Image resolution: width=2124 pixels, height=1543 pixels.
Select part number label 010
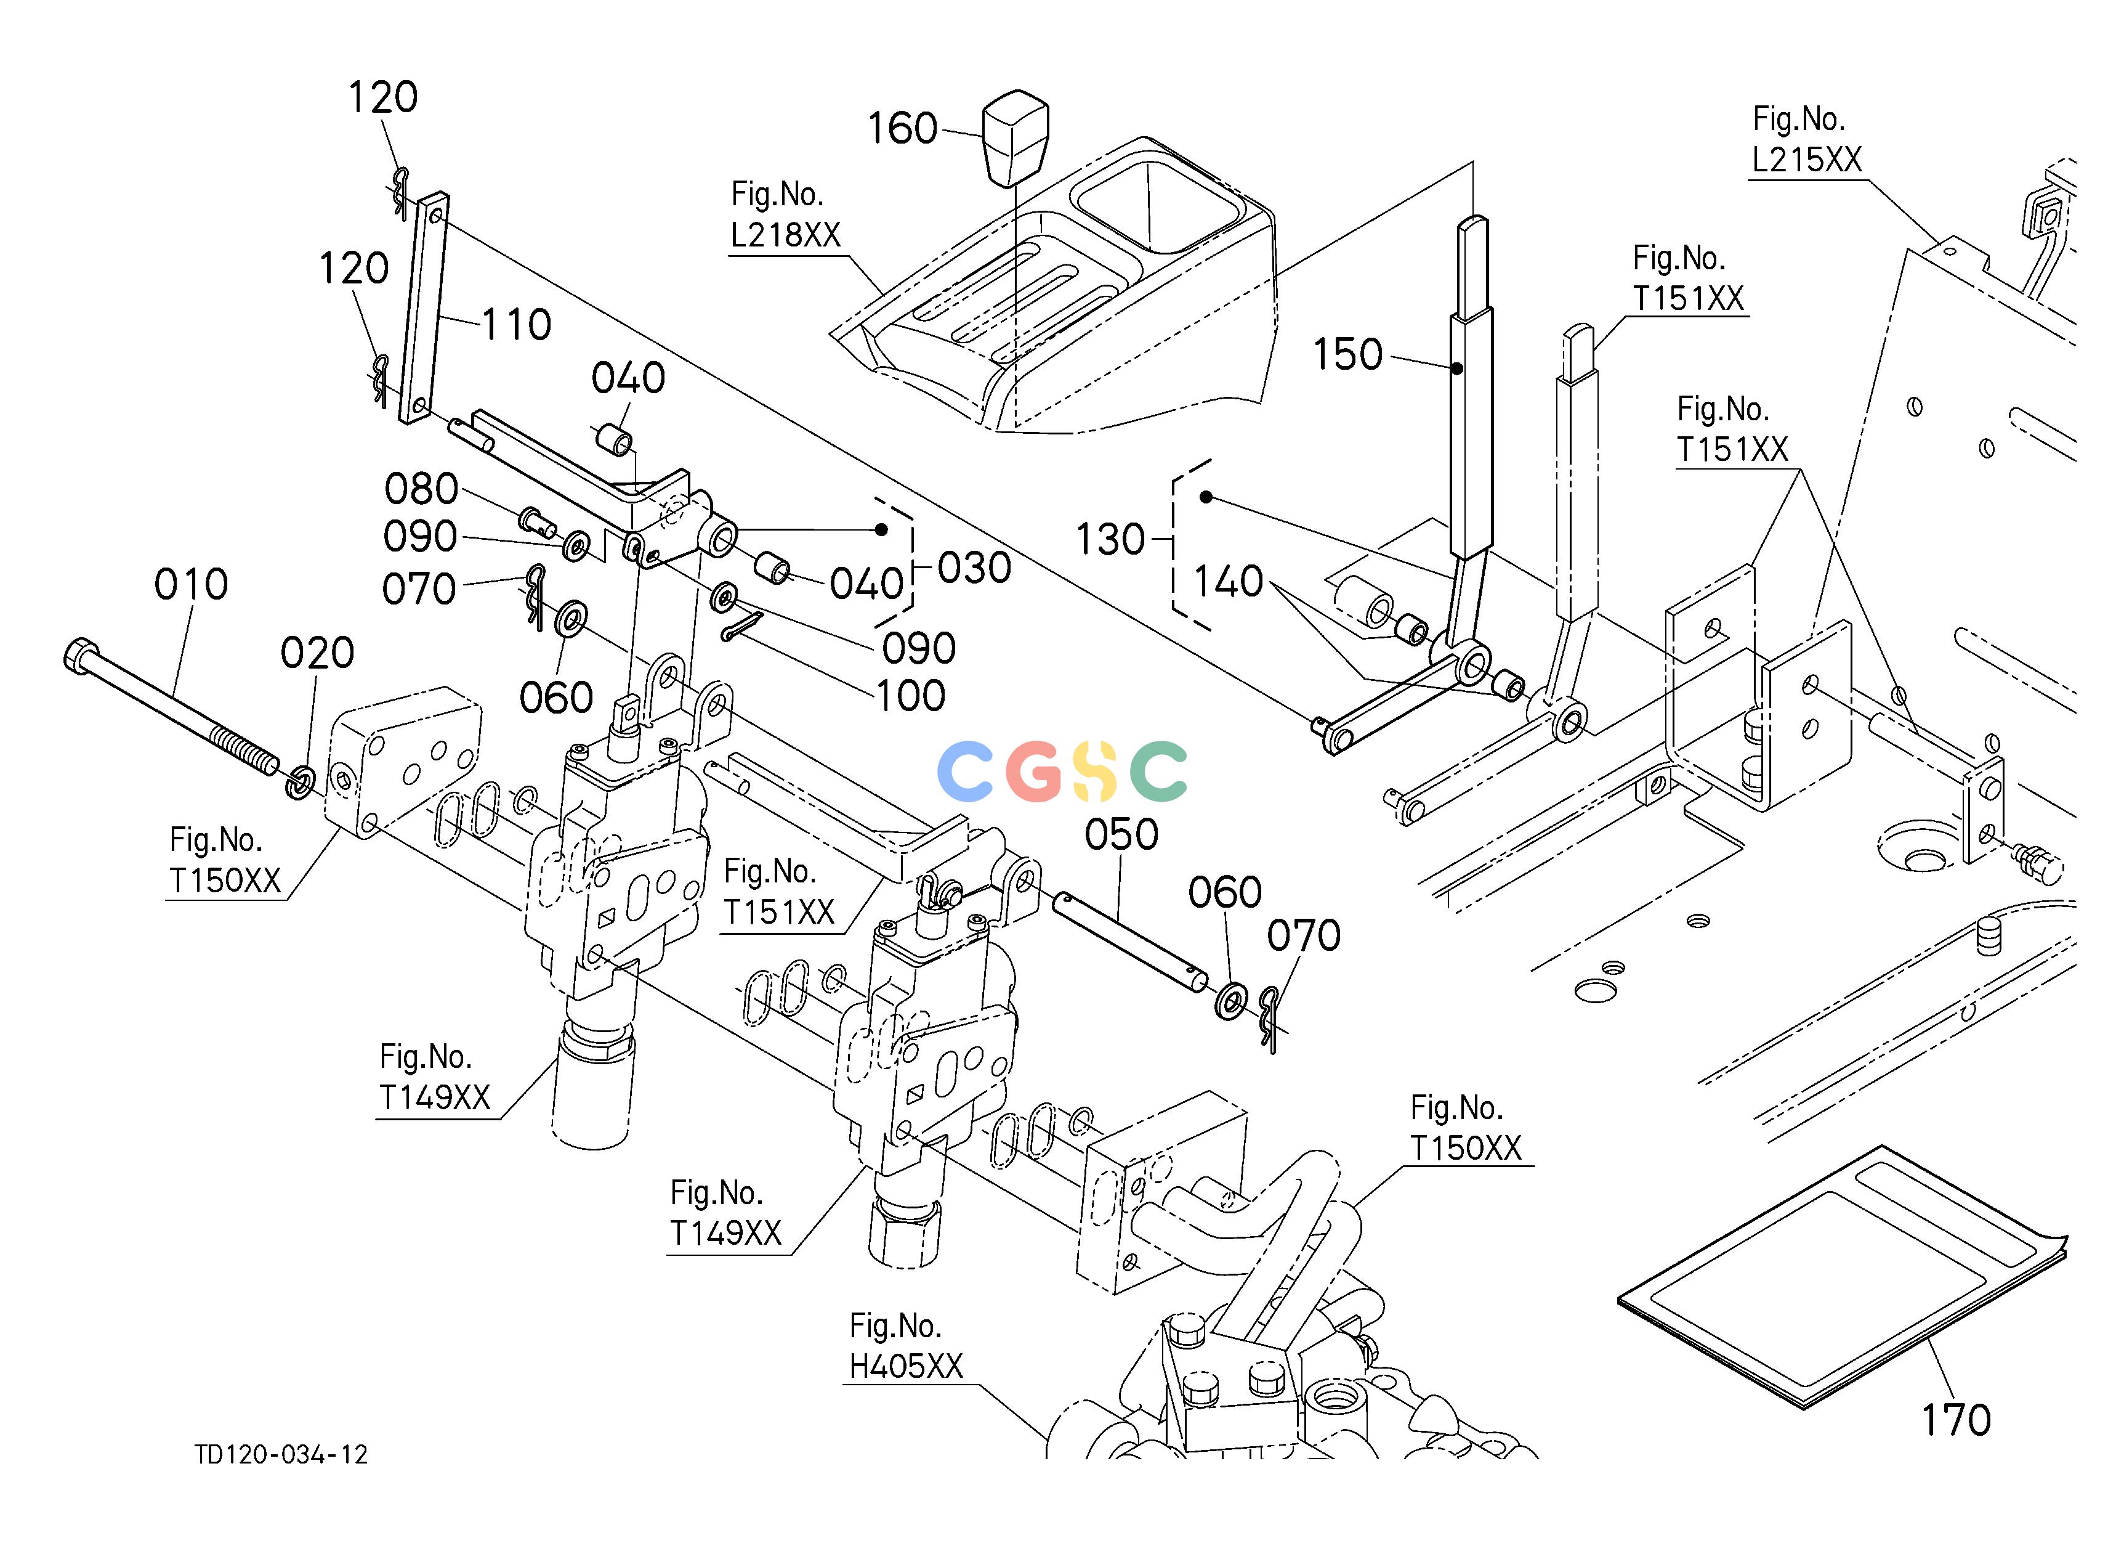coord(191,585)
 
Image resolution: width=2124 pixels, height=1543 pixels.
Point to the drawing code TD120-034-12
coord(281,1455)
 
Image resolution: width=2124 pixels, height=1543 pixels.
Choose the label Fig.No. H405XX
coord(906,1346)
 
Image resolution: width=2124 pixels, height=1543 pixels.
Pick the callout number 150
coord(1347,355)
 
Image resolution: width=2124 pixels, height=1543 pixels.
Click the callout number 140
coord(1229,582)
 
